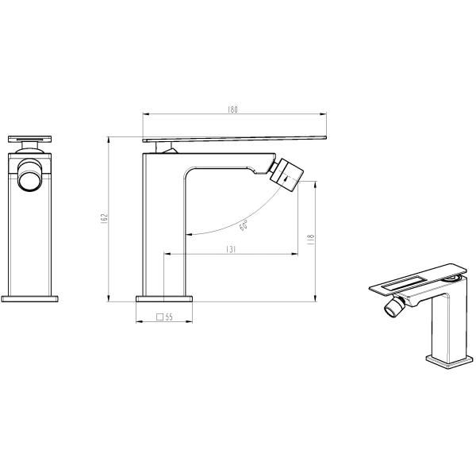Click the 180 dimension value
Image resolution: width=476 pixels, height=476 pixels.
pos(232,109)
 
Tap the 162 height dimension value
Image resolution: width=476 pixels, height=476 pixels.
pos(104,219)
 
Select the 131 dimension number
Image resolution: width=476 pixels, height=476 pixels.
pos(231,249)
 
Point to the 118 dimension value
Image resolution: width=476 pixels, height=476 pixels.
pos(311,240)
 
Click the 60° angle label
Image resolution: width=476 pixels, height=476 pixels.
pos(244,225)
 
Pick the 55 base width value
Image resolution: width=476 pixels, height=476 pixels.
pos(169,317)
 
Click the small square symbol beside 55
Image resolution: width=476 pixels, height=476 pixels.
pos(160,317)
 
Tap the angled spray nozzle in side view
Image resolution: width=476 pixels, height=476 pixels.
pos(286,175)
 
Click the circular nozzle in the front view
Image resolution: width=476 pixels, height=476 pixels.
pos(29,175)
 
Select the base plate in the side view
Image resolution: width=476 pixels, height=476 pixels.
pos(164,299)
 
